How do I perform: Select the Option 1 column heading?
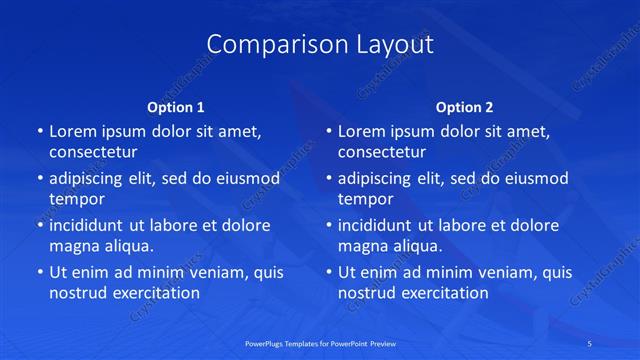(x=176, y=107)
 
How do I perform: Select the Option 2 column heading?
(x=465, y=107)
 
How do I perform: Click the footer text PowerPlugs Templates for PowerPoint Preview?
(x=320, y=343)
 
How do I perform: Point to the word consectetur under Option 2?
(x=382, y=153)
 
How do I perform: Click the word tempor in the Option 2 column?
(x=364, y=199)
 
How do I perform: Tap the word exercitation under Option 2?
(x=442, y=293)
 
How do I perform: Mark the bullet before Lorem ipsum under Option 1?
(x=40, y=132)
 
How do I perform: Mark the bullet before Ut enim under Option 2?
(x=329, y=272)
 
